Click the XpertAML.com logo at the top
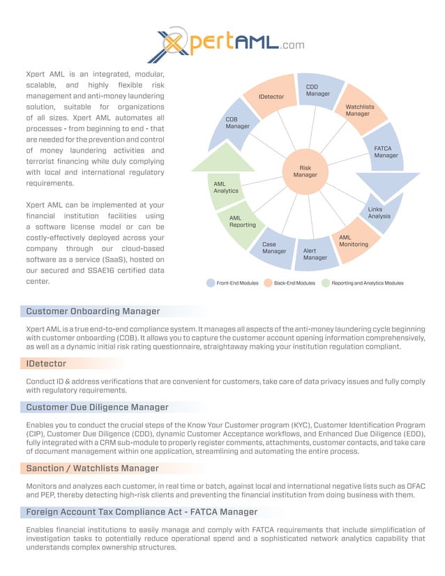227,44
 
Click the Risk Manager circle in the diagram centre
305,171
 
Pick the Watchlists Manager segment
359,110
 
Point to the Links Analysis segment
379,213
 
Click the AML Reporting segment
242,222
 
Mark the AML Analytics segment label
225,187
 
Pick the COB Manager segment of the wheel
237,123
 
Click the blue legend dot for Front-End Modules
211,283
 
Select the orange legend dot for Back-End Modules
268,283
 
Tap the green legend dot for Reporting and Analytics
325,283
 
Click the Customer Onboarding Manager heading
93,311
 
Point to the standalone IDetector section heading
46,363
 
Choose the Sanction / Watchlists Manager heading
92,468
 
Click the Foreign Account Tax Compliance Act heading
142,512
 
